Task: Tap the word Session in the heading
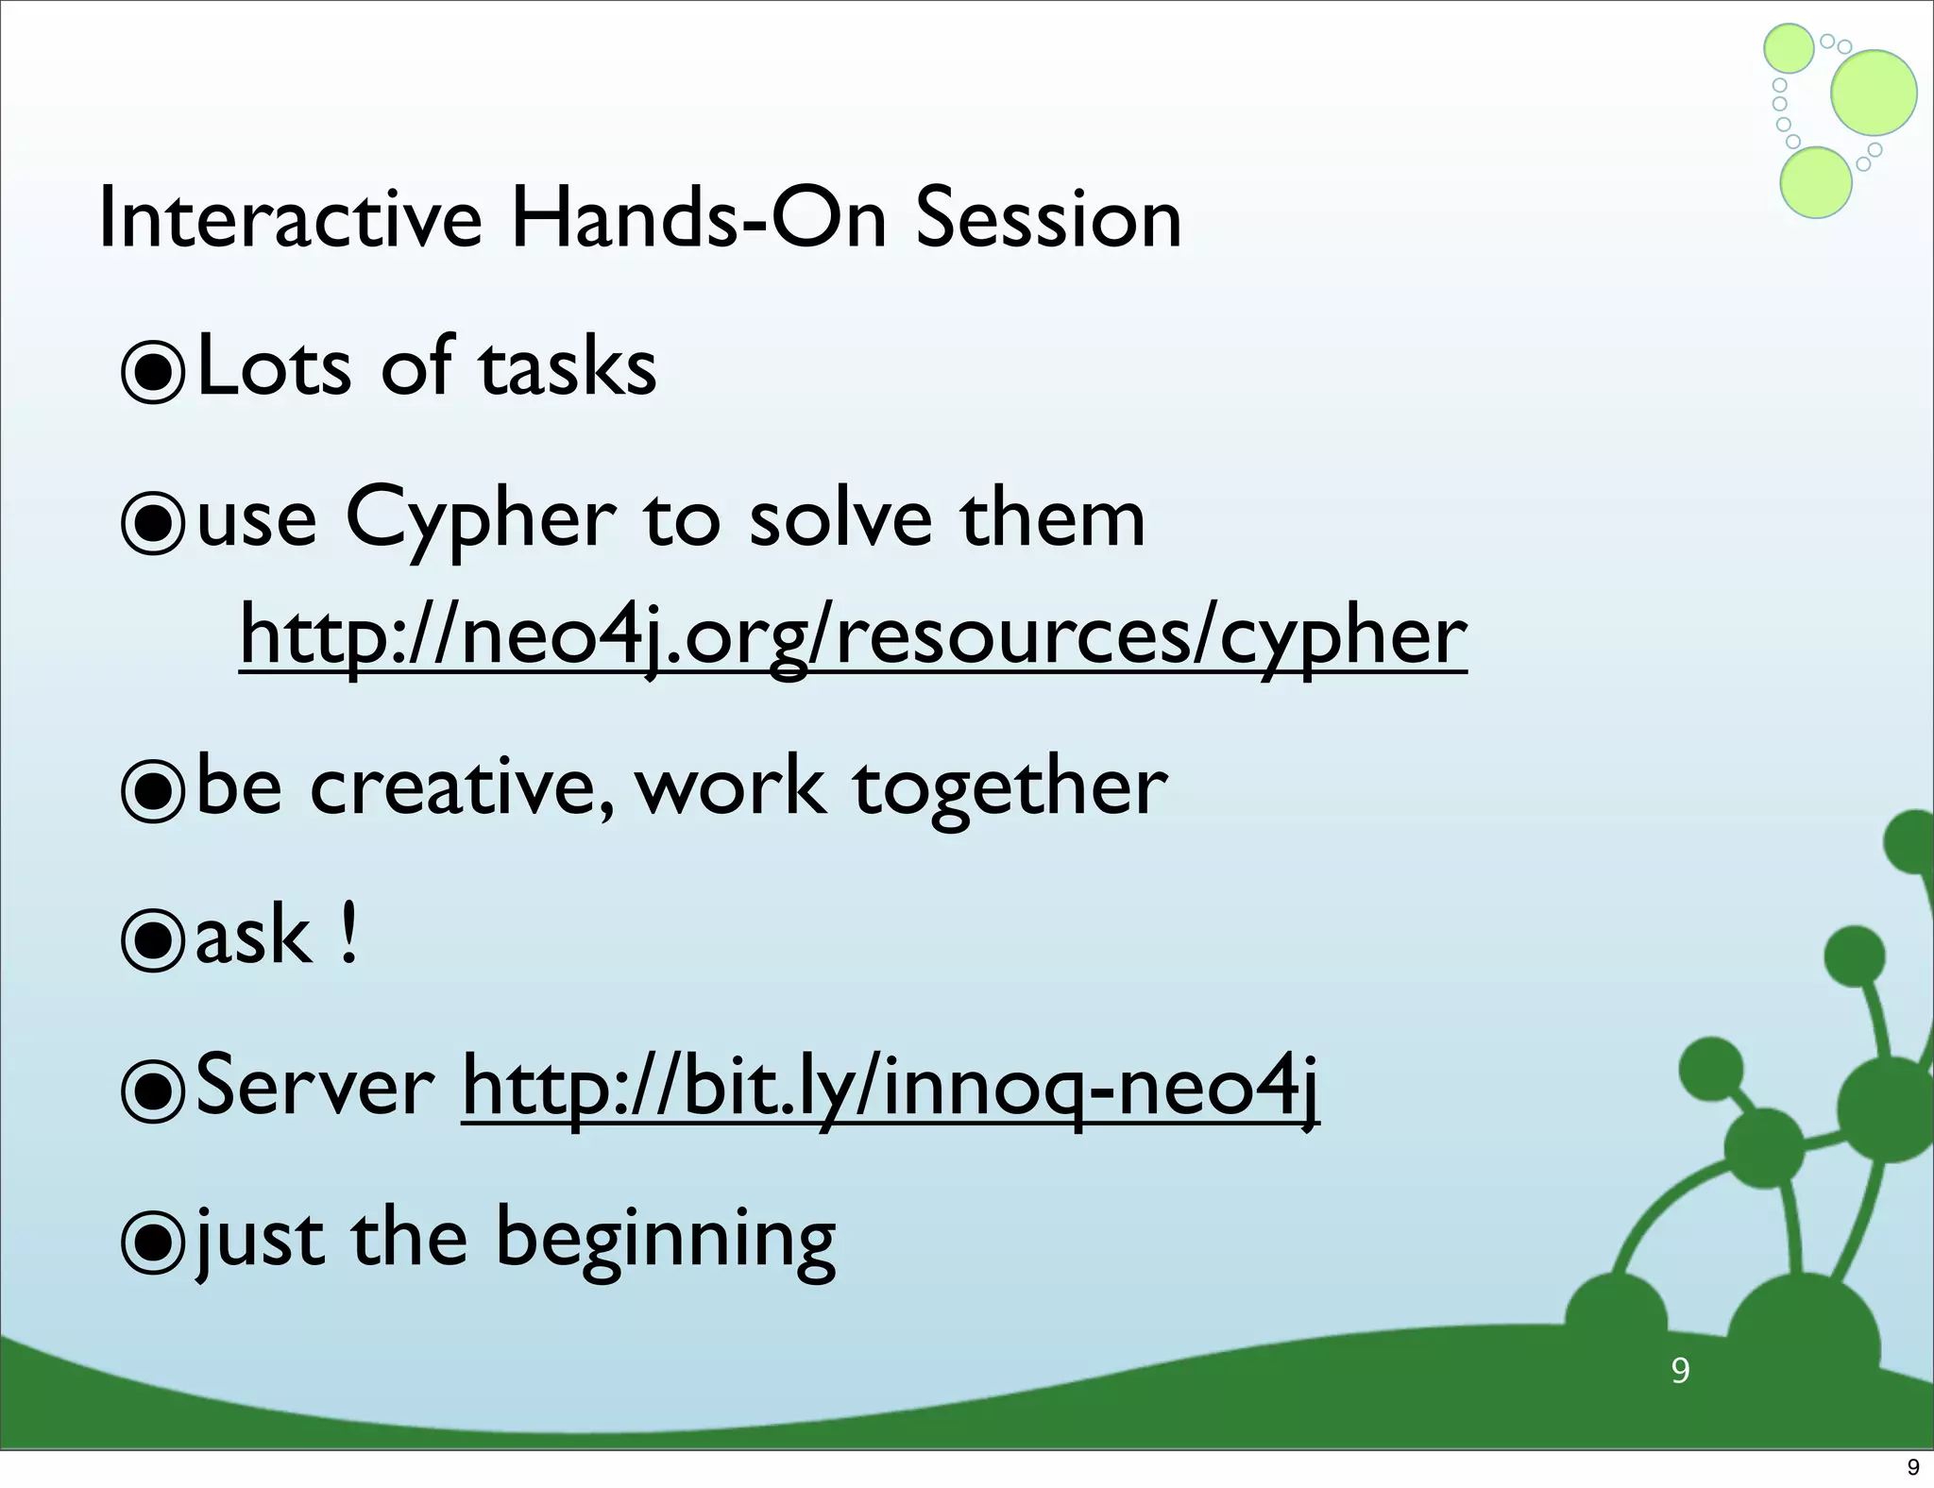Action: [x=1048, y=219]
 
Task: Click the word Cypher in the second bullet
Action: [x=480, y=521]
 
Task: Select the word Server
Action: [x=314, y=1087]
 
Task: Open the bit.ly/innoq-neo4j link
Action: [x=890, y=1089]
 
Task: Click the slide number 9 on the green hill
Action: [x=1680, y=1370]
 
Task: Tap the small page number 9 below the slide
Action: [x=1913, y=1467]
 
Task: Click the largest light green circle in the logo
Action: [x=1874, y=93]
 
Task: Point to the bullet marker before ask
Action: [x=152, y=939]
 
